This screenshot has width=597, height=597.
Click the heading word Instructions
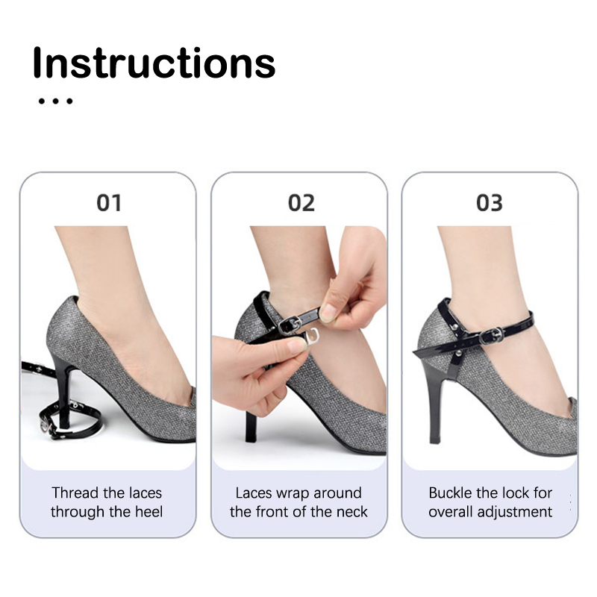click(x=154, y=63)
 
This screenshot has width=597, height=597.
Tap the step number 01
click(x=109, y=202)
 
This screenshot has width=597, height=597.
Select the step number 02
click(x=301, y=202)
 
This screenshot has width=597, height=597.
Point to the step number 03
click(x=490, y=202)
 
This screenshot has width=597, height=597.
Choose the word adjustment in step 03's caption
click(x=514, y=512)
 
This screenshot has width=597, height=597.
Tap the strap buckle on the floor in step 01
click(x=47, y=423)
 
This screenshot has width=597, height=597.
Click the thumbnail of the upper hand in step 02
click(x=328, y=312)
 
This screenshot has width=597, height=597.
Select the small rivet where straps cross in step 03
click(x=459, y=354)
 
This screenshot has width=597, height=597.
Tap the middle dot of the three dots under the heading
click(x=55, y=101)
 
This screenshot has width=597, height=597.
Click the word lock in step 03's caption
click(x=517, y=493)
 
